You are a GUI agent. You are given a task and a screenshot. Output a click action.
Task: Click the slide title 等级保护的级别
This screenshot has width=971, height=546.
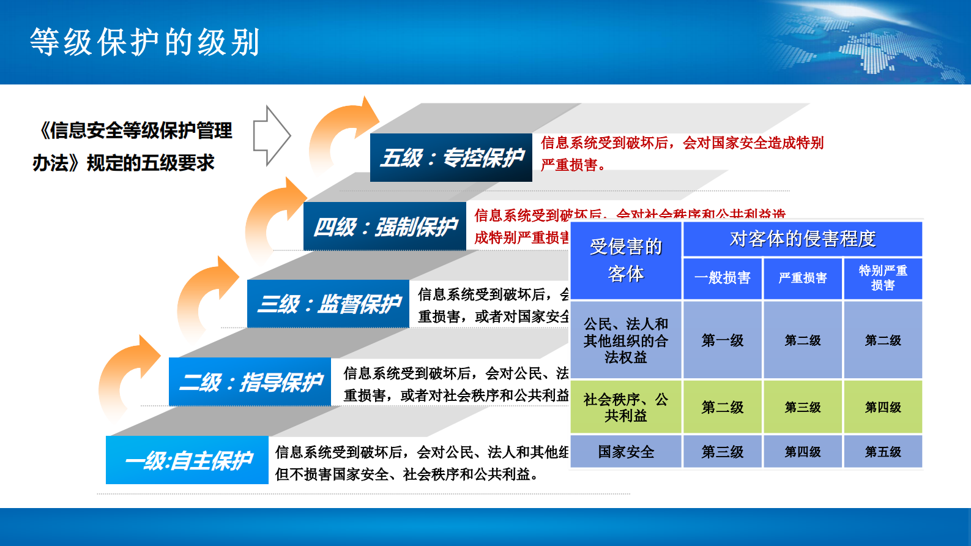pos(145,42)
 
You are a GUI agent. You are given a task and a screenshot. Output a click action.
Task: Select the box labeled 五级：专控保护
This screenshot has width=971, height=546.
pos(451,157)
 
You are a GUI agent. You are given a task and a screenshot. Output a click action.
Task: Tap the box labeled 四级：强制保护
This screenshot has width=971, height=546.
pos(384,226)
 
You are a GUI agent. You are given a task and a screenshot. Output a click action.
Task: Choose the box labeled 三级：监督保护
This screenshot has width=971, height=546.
pos(328,304)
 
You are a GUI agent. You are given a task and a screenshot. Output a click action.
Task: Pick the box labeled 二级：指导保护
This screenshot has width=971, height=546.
pos(250,382)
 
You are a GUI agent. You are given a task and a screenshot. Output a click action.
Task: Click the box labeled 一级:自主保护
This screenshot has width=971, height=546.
pos(187,460)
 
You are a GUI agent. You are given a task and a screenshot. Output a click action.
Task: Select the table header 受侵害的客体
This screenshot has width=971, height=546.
pos(625,260)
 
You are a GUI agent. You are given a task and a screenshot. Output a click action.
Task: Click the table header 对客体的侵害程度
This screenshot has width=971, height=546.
pos(802,239)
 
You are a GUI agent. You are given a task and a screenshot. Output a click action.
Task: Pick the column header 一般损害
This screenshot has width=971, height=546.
pos(722,279)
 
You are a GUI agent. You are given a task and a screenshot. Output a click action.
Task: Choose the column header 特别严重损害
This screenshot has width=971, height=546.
pos(882,279)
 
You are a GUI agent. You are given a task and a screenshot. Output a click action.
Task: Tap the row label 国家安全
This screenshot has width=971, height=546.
pos(625,452)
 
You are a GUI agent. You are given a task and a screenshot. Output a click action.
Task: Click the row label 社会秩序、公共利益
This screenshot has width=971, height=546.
pos(625,407)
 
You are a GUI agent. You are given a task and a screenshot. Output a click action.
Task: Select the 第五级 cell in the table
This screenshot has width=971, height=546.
pos(882,452)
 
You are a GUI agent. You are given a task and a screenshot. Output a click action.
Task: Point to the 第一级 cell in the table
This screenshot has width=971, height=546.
pos(722,340)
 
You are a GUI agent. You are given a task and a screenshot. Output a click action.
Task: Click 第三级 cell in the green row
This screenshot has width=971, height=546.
pos(802,407)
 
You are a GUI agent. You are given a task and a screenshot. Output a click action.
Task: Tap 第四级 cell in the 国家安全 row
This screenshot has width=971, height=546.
pos(802,452)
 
